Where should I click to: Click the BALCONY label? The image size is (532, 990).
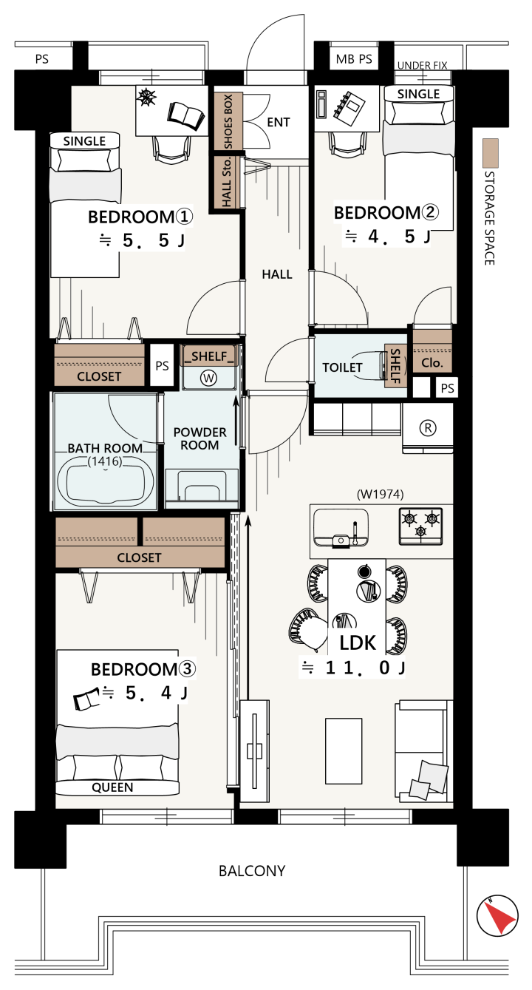pyautogui.click(x=252, y=871)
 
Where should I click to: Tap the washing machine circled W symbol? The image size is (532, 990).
pyautogui.click(x=208, y=378)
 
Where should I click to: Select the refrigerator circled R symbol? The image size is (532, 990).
pyautogui.click(x=427, y=428)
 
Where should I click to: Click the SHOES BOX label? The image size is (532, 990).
pyautogui.click(x=228, y=121)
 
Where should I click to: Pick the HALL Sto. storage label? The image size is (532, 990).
pyautogui.click(x=227, y=182)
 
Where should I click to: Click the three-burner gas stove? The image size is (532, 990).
pyautogui.click(x=420, y=526)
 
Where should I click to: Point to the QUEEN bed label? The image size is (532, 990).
pyautogui.click(x=112, y=787)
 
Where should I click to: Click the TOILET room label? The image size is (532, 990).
pyautogui.click(x=342, y=367)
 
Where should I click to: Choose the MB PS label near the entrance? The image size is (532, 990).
pyautogui.click(x=354, y=59)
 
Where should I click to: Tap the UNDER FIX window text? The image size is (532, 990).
pyautogui.click(x=423, y=65)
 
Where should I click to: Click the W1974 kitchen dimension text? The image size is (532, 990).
pyautogui.click(x=380, y=494)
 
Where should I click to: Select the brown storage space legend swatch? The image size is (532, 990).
pyautogui.click(x=491, y=153)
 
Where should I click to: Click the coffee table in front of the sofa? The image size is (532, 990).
pyautogui.click(x=344, y=751)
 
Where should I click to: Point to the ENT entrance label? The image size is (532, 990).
pyautogui.click(x=279, y=122)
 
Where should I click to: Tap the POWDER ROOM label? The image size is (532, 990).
pyautogui.click(x=199, y=438)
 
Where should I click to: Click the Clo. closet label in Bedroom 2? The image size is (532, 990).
pyautogui.click(x=432, y=363)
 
